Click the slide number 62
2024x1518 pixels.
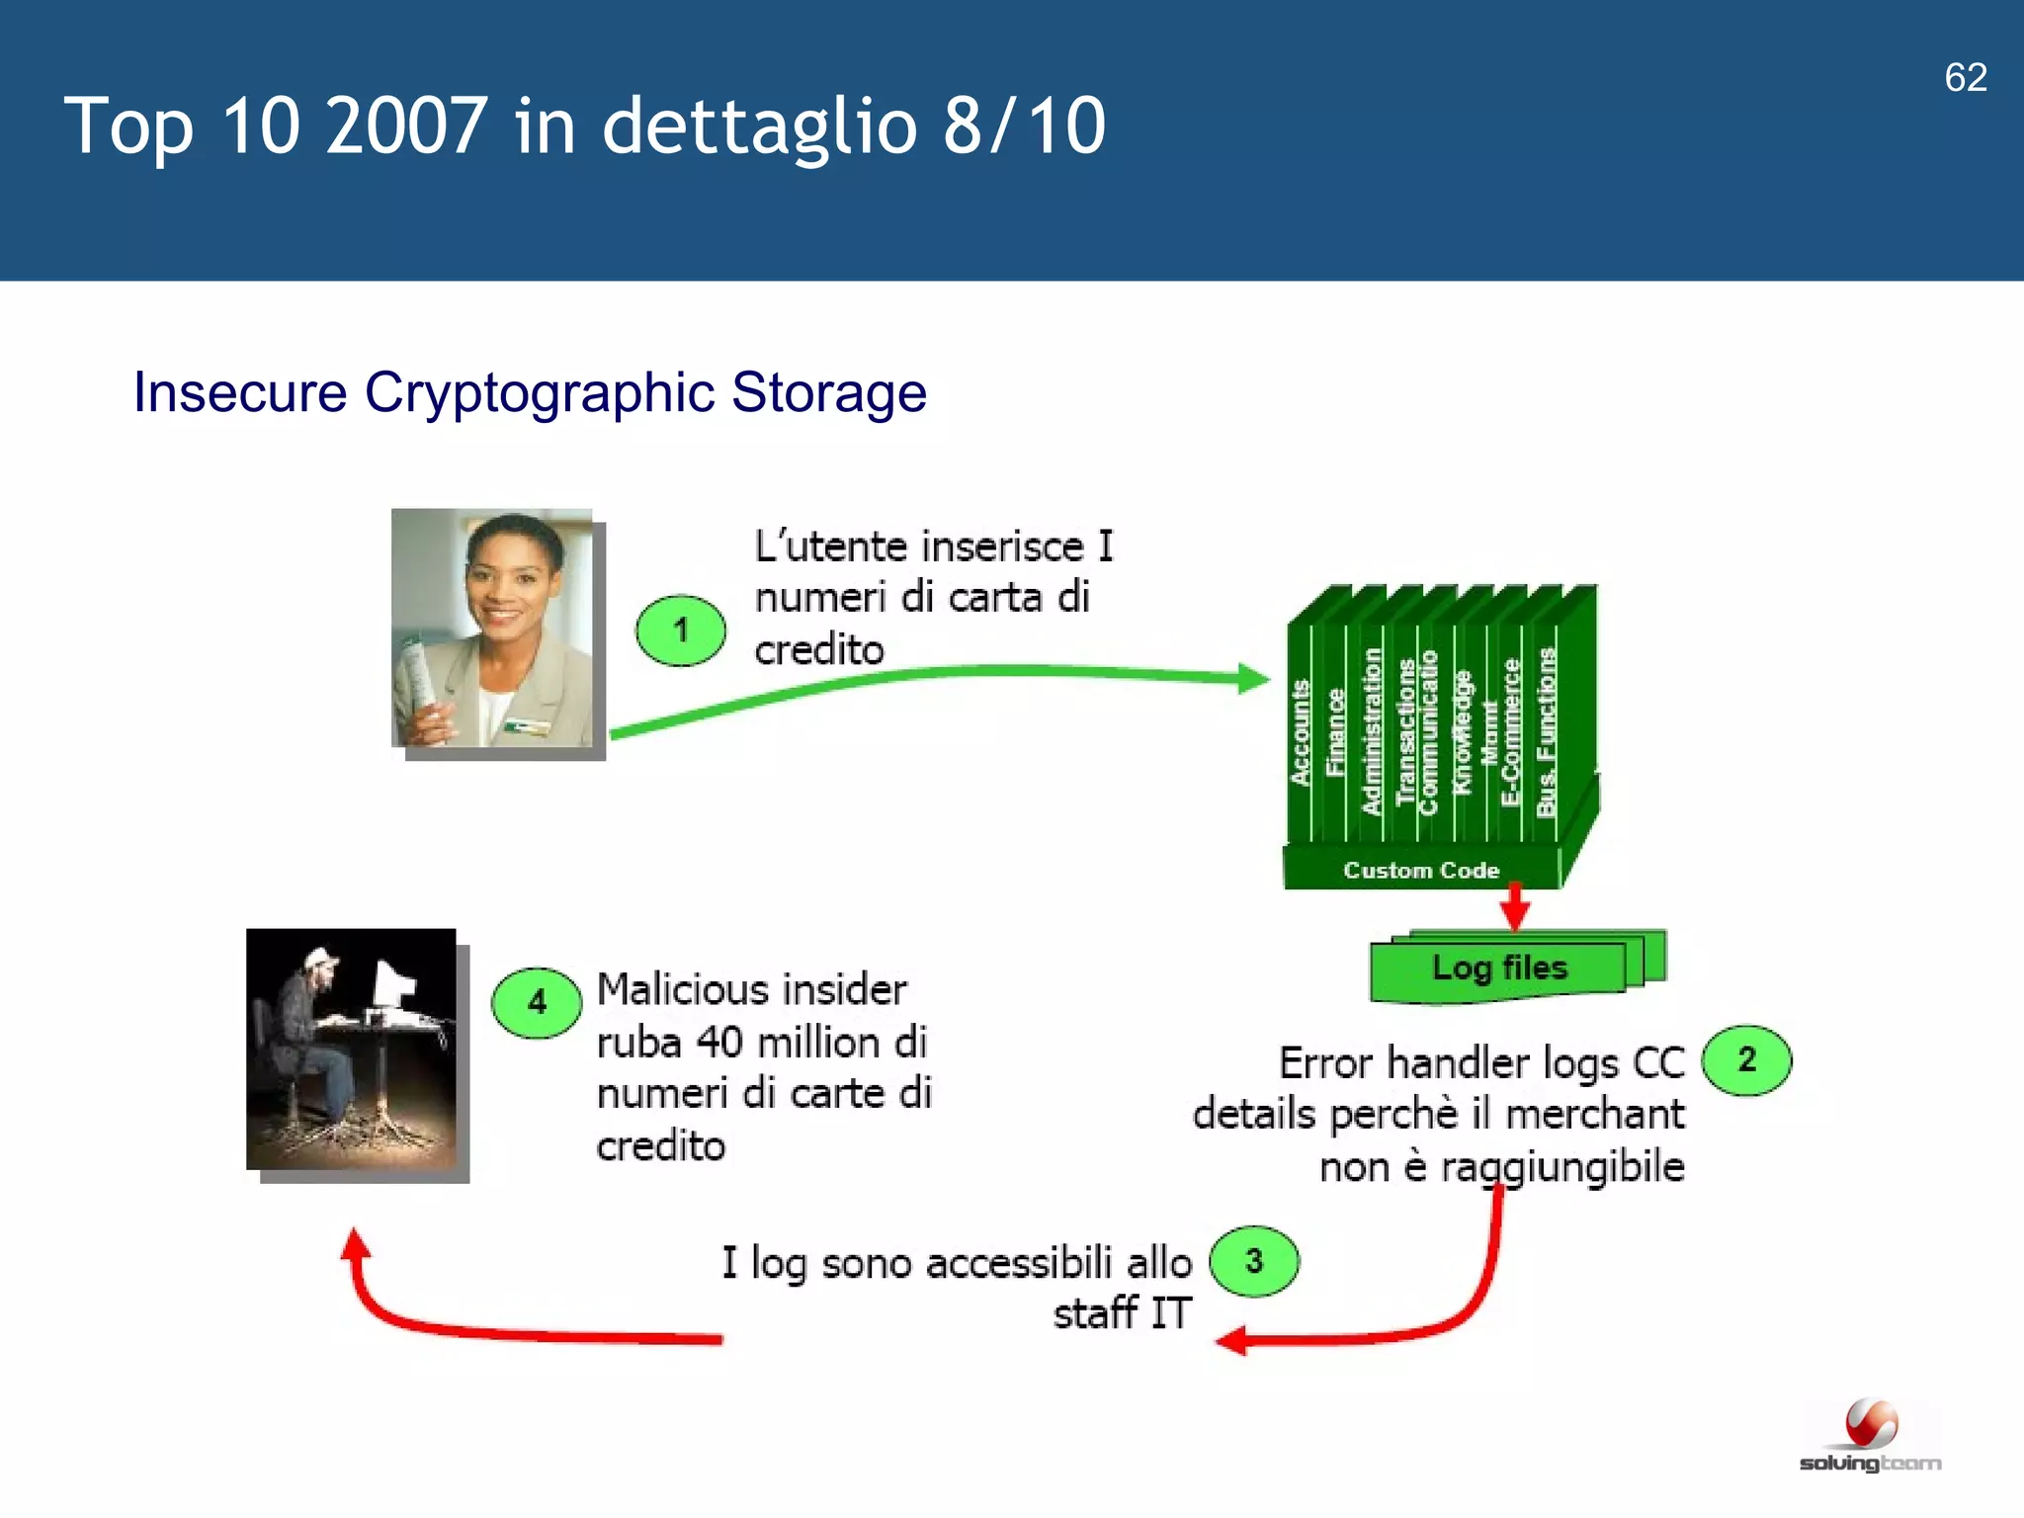pyautogui.click(x=1965, y=77)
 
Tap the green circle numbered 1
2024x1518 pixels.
pyautogui.click(x=680, y=630)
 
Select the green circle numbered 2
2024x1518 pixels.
pyautogui.click(x=1746, y=1059)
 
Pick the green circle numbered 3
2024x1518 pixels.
pyautogui.click(x=1254, y=1261)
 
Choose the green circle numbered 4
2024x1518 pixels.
pyautogui.click(x=537, y=1002)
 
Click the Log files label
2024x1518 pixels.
pyautogui.click(x=1499, y=968)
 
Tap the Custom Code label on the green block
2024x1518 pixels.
pyautogui.click(x=1420, y=871)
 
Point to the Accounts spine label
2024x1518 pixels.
pyautogui.click(x=1301, y=732)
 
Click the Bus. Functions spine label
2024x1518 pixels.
pyautogui.click(x=1547, y=732)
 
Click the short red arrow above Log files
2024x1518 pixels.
pyautogui.click(x=1515, y=905)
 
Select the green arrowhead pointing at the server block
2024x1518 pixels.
pyautogui.click(x=1253, y=678)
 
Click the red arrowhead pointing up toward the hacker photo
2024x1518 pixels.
pyautogui.click(x=355, y=1246)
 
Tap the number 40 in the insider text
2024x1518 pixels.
pyautogui.click(x=718, y=1042)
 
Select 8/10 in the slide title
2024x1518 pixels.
pyautogui.click(x=1023, y=126)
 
